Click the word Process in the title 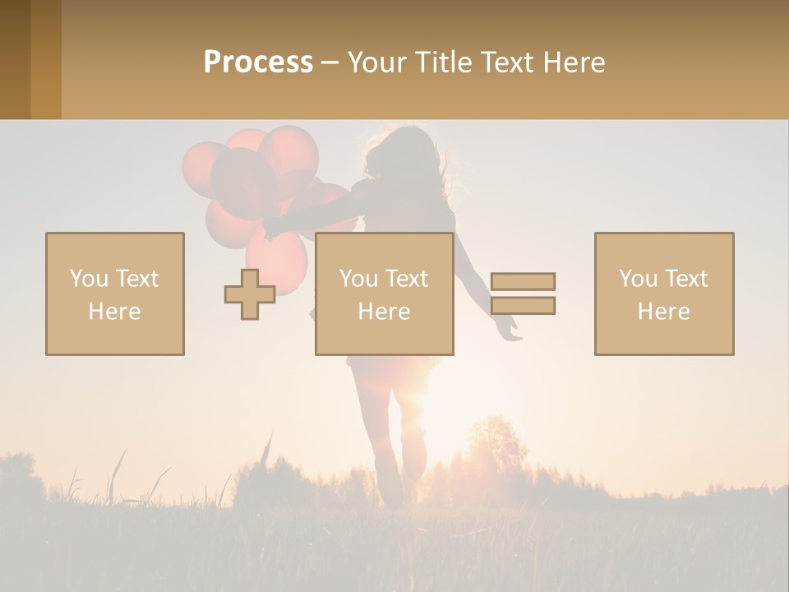(258, 62)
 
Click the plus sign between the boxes (250, 294)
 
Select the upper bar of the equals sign (523, 281)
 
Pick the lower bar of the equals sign (523, 306)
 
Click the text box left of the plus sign (115, 294)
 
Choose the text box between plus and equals (384, 294)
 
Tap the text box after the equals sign (664, 294)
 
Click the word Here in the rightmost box (664, 312)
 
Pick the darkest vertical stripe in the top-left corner (15, 59)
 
